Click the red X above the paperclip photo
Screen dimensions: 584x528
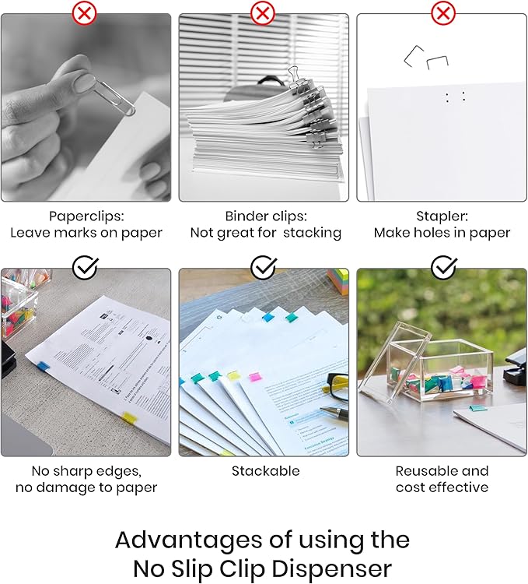pyautogui.click(x=85, y=13)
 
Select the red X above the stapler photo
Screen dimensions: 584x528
pyautogui.click(x=443, y=13)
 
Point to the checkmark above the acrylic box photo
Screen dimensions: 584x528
pyautogui.click(x=443, y=269)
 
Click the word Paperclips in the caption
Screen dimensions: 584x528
pyautogui.click(x=85, y=216)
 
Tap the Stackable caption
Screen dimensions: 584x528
pyautogui.click(x=265, y=471)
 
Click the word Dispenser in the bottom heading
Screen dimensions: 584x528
pyautogui.click(x=332, y=567)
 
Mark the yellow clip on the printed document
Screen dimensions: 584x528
pyautogui.click(x=129, y=419)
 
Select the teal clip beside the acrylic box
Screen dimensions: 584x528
pyautogui.click(x=477, y=406)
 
